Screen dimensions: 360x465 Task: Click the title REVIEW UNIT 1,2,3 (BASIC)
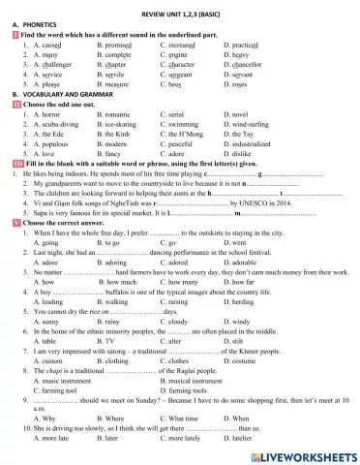[x=180, y=7]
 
